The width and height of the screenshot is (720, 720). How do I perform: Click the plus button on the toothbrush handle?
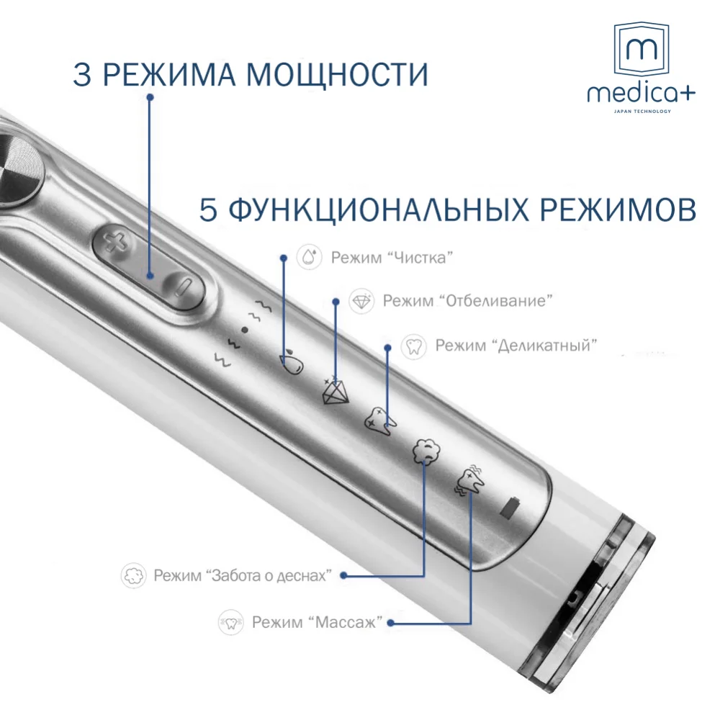[x=114, y=243]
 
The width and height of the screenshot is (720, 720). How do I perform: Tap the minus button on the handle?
[x=182, y=289]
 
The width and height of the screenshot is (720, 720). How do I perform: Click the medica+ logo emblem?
[x=641, y=50]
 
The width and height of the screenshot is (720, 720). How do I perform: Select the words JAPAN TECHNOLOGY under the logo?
[x=641, y=112]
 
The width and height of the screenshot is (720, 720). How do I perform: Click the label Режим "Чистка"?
[x=392, y=258]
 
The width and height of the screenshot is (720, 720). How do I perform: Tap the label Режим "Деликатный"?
[x=516, y=346]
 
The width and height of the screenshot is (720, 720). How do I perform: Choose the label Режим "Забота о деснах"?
[x=242, y=575]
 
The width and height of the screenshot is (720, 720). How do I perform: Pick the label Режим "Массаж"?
[x=316, y=622]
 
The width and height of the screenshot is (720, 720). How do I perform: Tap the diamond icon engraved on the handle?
[x=334, y=392]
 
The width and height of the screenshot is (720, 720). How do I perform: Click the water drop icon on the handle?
[x=292, y=362]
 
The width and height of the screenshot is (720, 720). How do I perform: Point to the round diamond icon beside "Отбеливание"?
[x=361, y=301]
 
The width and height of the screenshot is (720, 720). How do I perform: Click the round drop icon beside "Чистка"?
[x=310, y=258]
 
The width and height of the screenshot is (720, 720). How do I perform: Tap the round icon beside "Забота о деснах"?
[x=134, y=575]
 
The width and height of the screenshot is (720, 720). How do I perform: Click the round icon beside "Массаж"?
[x=231, y=622]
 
